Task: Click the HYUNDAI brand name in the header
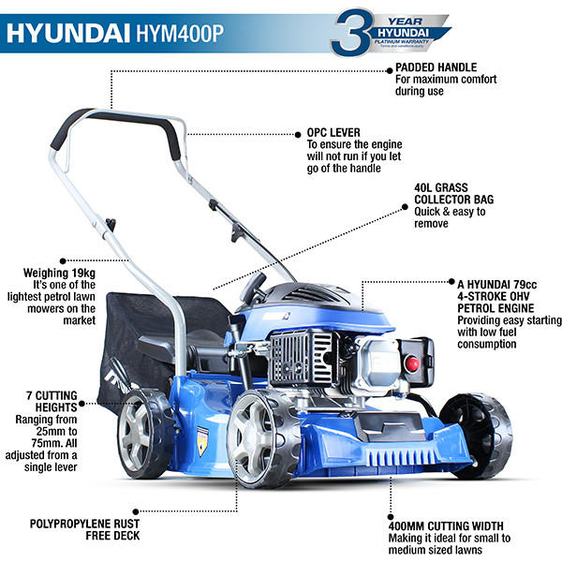tap(78, 33)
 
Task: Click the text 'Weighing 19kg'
tap(59, 272)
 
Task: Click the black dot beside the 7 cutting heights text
tap(82, 403)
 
